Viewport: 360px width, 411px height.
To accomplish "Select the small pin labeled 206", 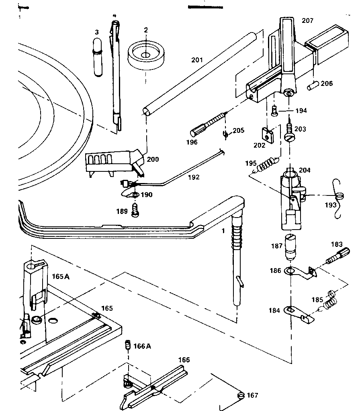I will [x=313, y=85].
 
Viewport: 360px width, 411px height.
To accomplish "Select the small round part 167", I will [x=241, y=396].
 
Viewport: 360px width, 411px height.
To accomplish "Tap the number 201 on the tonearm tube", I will [x=197, y=60].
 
